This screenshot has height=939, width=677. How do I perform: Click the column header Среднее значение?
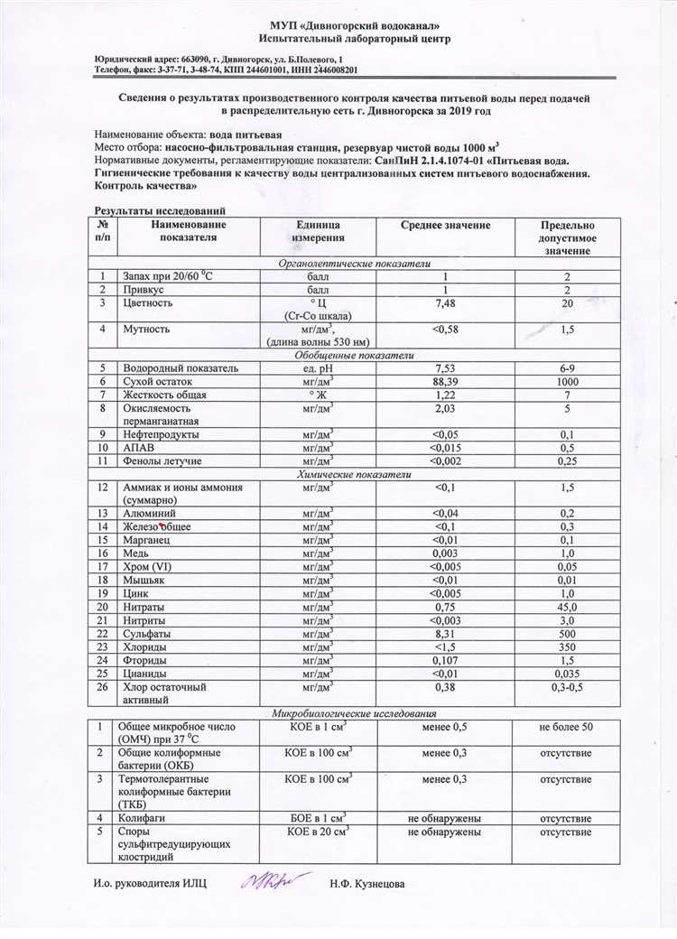tap(445, 225)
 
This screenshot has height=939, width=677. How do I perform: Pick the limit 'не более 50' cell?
tap(566, 727)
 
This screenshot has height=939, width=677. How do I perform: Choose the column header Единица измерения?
tap(318, 231)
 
